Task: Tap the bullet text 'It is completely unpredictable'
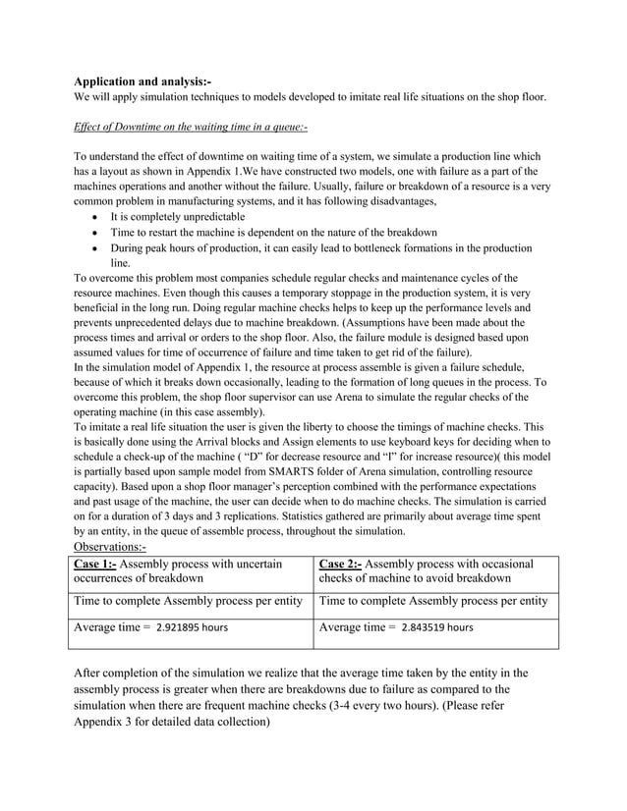(x=178, y=216)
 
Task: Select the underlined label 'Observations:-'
(x=110, y=548)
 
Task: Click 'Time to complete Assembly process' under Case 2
(x=419, y=600)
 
